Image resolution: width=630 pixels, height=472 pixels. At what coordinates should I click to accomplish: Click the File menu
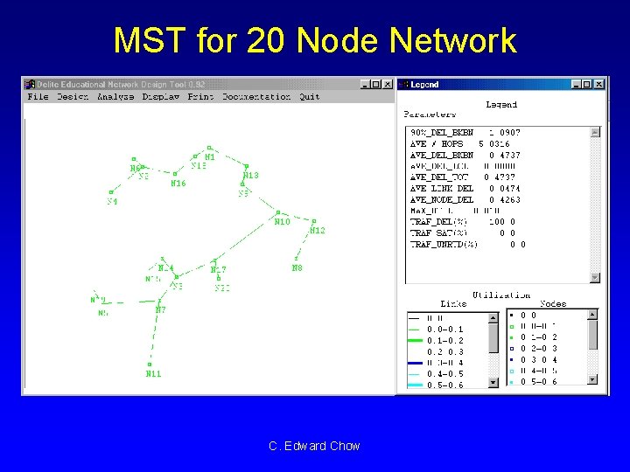point(38,97)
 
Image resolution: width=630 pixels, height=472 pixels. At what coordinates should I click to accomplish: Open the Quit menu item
point(310,97)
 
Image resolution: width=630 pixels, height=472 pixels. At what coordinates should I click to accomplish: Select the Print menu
point(200,97)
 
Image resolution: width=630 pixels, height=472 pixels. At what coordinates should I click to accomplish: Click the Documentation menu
point(256,97)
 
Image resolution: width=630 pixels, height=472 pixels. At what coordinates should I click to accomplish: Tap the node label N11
point(153,374)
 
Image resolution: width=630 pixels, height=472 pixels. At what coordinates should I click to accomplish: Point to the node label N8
point(297,268)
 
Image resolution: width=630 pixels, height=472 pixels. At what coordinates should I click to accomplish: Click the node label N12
point(317,231)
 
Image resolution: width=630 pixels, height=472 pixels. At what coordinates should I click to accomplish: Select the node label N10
point(282,222)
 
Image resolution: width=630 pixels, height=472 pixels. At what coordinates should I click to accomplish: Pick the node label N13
point(250,176)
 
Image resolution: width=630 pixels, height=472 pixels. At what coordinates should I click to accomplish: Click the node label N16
point(178,184)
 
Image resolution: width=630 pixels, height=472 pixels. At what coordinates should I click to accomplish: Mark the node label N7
point(161,310)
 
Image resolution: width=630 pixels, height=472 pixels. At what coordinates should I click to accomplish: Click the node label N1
point(210,157)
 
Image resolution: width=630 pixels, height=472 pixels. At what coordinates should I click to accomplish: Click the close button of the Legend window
point(599,85)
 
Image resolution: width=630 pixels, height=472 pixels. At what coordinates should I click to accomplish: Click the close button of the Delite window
point(388,85)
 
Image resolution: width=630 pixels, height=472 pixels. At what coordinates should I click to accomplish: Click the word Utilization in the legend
point(501,295)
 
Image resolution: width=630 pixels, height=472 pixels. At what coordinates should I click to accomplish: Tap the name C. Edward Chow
point(315,446)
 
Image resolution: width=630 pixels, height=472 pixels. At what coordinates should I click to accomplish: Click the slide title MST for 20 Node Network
point(315,41)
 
